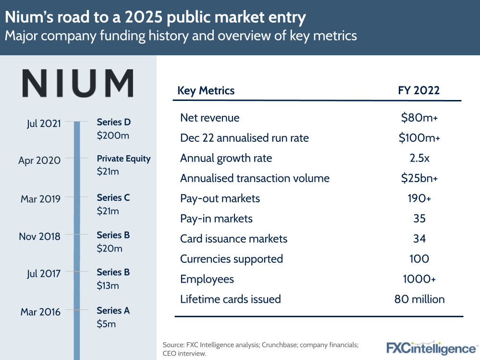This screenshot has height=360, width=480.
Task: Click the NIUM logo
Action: point(78,84)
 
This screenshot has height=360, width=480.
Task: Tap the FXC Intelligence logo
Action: point(431,348)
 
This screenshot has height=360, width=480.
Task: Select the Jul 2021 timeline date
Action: point(44,123)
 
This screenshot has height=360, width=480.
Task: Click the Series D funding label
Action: point(113,122)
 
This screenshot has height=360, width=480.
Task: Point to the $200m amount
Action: point(113,136)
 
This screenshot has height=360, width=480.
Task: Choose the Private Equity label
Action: point(123,159)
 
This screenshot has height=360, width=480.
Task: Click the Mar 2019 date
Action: point(40,199)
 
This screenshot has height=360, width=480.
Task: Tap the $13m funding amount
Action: point(108,286)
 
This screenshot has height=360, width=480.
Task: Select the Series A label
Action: point(113,310)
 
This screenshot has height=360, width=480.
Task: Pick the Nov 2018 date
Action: point(39,236)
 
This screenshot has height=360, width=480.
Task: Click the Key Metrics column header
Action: point(206,90)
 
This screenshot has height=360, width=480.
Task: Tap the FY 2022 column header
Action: point(419,90)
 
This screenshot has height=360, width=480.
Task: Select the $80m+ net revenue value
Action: point(419,118)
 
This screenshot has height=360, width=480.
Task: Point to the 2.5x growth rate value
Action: point(419,158)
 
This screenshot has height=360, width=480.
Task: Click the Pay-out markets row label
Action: point(220,199)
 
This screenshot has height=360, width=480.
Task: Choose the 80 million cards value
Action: point(419,299)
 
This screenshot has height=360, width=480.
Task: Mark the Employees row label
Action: point(207,279)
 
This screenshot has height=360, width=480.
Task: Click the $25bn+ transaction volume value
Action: point(419,178)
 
